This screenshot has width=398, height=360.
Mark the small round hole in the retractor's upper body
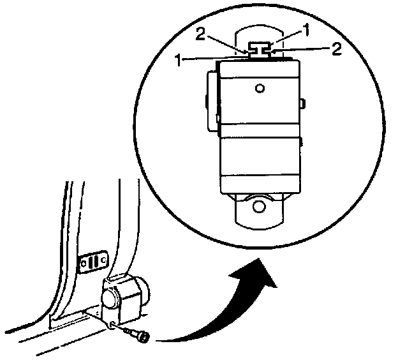coord(258,87)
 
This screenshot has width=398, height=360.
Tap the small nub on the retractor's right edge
coord(304,102)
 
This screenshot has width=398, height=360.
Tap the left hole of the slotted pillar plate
coord(81,261)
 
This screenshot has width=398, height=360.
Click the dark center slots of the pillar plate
coord(93,260)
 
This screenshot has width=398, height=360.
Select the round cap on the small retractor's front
coord(110,299)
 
